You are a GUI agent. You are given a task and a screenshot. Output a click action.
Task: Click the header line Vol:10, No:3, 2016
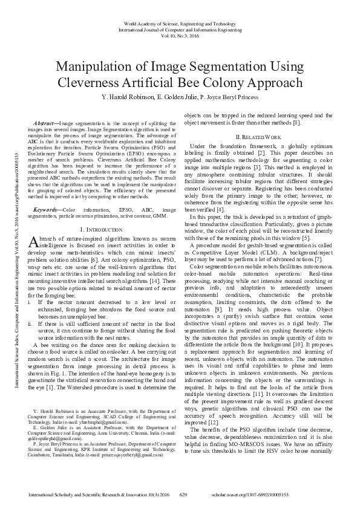pyautogui.click(x=180, y=34)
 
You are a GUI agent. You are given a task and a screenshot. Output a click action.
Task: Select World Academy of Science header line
pyautogui.click(x=180, y=22)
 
